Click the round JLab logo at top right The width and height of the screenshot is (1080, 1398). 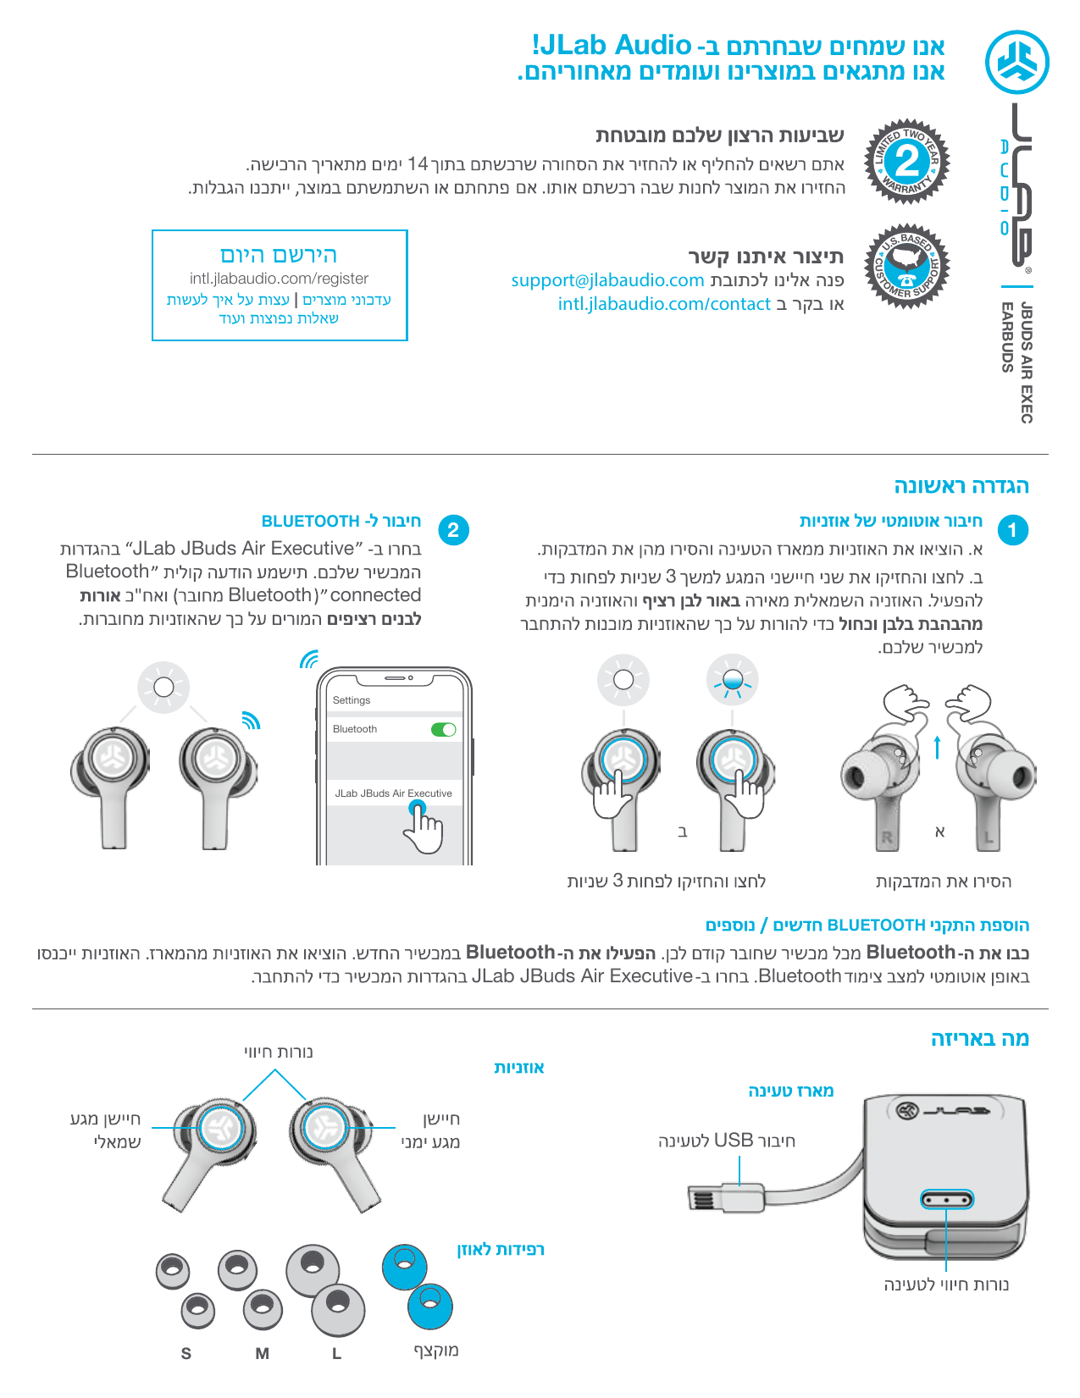1017,63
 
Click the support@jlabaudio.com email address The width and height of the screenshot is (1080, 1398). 607,280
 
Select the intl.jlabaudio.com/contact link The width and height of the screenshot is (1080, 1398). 664,304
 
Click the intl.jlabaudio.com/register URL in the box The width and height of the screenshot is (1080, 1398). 279,279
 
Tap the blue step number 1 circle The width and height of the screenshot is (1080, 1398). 1013,530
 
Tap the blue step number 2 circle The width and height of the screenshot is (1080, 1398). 453,530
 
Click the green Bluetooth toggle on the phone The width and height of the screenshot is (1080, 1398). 444,729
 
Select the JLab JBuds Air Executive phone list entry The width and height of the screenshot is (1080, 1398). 393,793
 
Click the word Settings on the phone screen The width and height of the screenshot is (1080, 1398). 352,700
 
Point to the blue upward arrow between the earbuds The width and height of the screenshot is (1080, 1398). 937,748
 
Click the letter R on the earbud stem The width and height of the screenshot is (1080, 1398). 886,837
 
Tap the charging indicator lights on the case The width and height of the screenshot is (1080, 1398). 946,1200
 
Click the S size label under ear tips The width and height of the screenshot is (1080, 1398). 186,1353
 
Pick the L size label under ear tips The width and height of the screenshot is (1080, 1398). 336,1353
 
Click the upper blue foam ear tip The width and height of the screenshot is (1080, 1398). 404,1266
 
